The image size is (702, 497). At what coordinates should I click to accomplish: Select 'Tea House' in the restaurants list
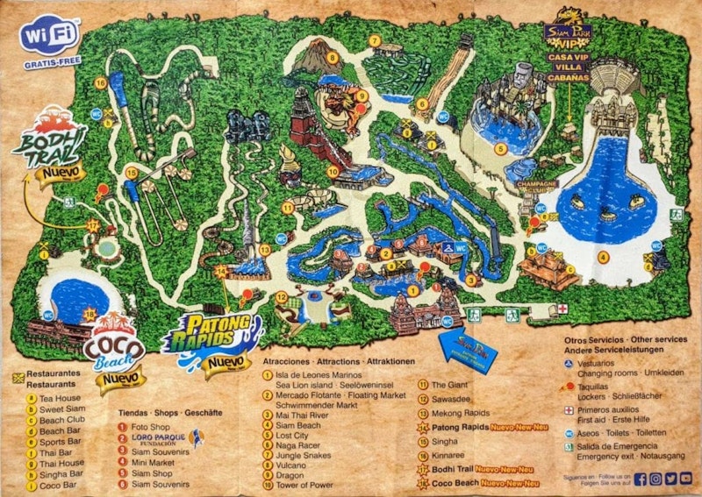62,397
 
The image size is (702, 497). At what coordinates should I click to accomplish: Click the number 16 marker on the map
101,83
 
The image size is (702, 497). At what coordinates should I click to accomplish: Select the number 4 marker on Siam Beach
603,257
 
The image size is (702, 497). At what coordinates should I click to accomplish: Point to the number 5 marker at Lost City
499,149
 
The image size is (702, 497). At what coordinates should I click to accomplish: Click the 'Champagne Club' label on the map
542,187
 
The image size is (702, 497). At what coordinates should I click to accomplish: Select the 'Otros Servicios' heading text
594,338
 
